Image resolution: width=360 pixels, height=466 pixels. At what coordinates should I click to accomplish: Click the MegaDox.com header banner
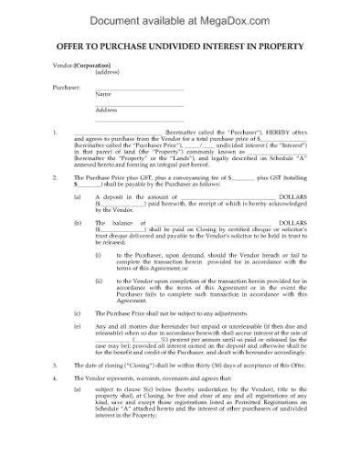click(x=180, y=16)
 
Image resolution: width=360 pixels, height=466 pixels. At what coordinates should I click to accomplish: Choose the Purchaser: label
click(x=66, y=87)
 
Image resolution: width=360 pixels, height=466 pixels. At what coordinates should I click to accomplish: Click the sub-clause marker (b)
click(x=77, y=222)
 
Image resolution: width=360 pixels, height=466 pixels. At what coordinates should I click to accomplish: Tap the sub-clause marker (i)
click(x=98, y=254)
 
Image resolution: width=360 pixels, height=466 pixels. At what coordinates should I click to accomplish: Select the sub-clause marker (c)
click(x=77, y=312)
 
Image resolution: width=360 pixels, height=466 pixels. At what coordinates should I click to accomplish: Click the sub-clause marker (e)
click(x=77, y=324)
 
